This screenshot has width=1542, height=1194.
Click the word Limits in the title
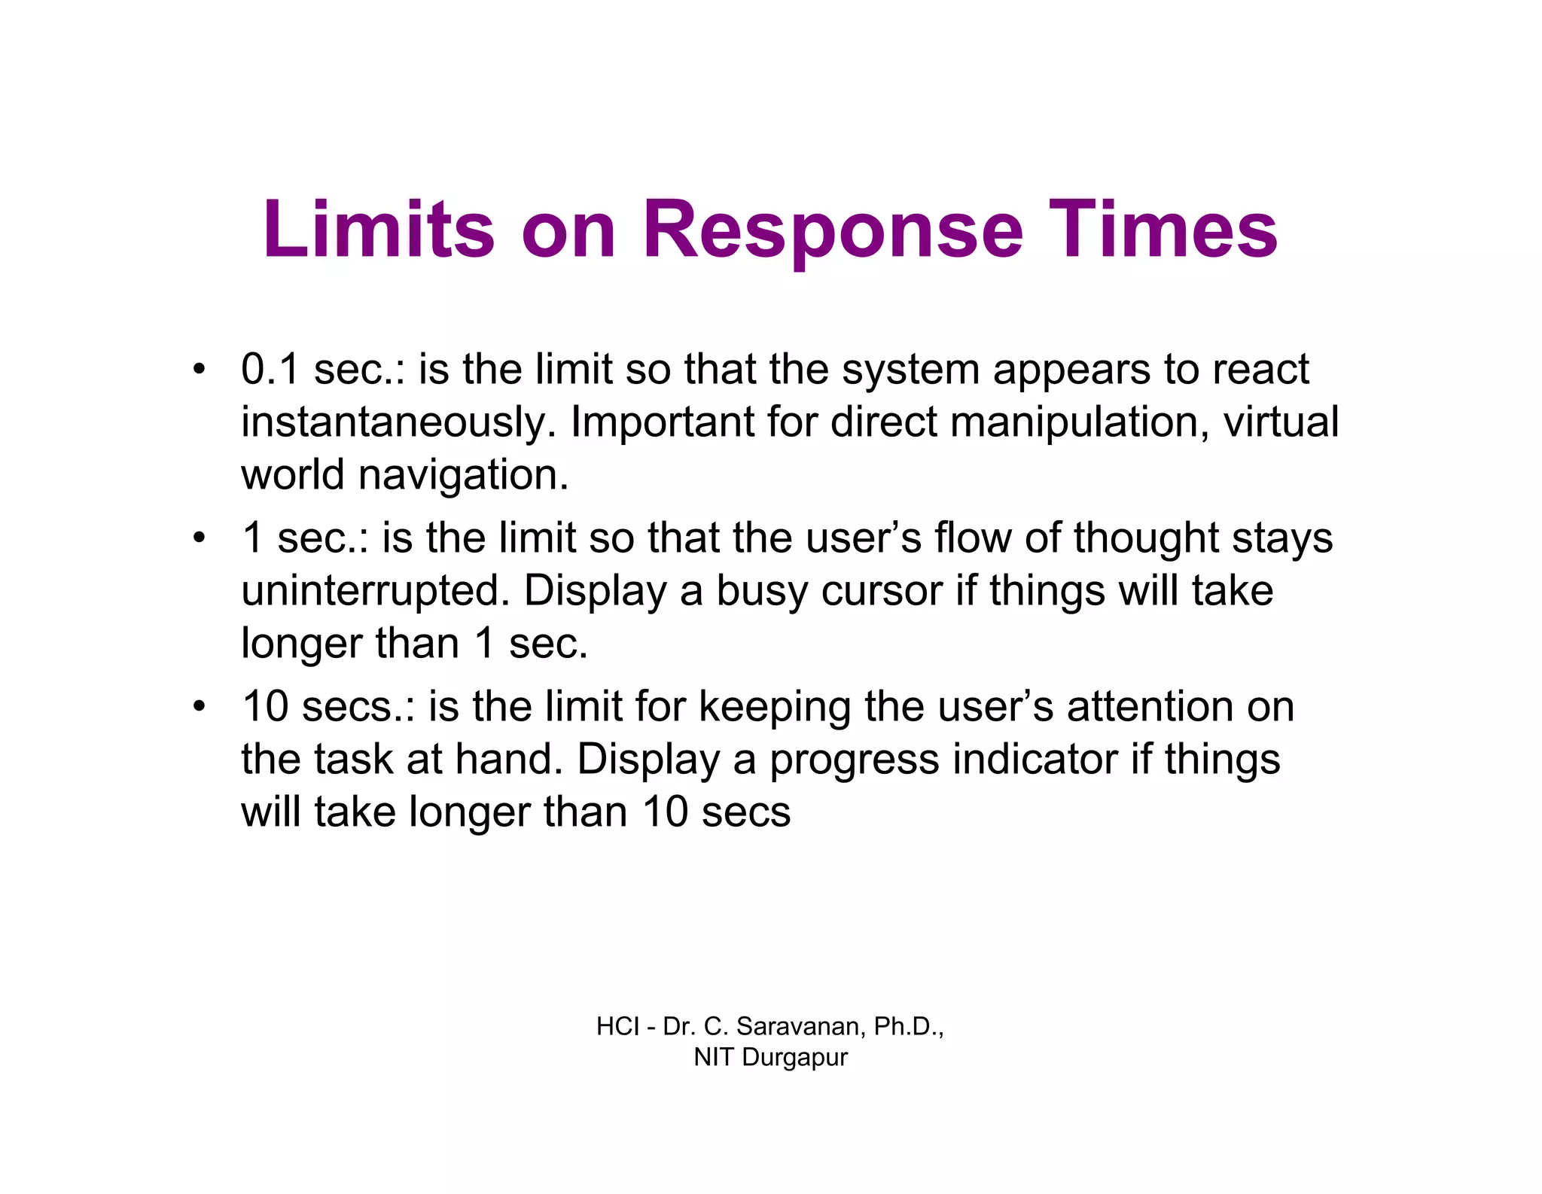pos(379,229)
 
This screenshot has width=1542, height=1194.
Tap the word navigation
pos(463,475)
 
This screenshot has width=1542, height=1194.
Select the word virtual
pos(1281,422)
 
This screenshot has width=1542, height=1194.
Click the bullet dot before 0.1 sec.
pos(198,370)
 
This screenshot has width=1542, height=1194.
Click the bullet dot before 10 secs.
pos(198,707)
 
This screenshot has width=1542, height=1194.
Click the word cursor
pos(882,591)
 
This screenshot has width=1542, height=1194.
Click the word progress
pos(854,760)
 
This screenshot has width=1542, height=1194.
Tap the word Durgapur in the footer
pos(794,1057)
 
